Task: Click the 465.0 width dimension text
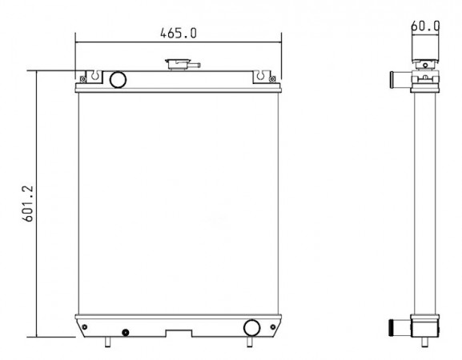click(x=179, y=33)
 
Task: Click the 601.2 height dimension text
click(x=28, y=204)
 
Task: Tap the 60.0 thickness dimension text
click(x=425, y=26)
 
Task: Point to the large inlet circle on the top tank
click(x=118, y=79)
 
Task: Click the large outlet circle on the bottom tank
click(x=252, y=328)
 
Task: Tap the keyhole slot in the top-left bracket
click(x=94, y=75)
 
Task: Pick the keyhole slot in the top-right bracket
click(x=260, y=75)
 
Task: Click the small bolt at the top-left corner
click(x=83, y=79)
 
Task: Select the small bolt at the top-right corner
click(x=272, y=79)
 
